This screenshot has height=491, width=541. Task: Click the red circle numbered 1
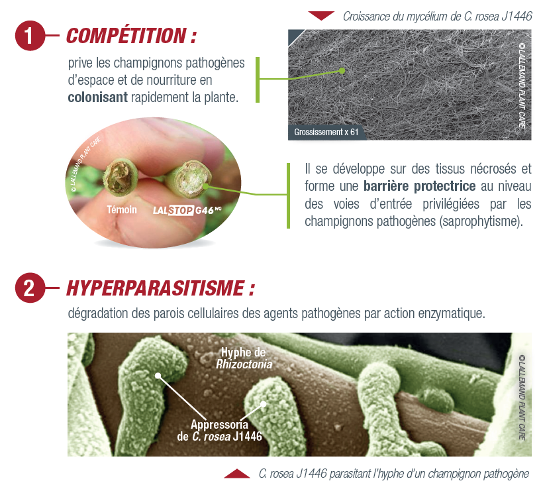pyautogui.click(x=30, y=36)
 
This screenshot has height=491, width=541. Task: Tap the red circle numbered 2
pyautogui.click(x=30, y=288)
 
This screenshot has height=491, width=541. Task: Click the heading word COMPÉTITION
pyautogui.click(x=126, y=35)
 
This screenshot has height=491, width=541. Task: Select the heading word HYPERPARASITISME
pyautogui.click(x=155, y=288)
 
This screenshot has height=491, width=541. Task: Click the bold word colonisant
pyautogui.click(x=97, y=97)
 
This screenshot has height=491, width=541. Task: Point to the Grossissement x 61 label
pyautogui.click(x=326, y=132)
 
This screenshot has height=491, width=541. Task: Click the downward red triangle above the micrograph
pyautogui.click(x=321, y=15)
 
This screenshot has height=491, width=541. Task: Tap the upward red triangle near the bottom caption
pyautogui.click(x=237, y=474)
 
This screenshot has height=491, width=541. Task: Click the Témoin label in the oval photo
pyautogui.click(x=122, y=209)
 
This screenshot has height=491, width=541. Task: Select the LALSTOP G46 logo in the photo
pyautogui.click(x=187, y=210)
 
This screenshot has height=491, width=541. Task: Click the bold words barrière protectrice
pyautogui.click(x=420, y=186)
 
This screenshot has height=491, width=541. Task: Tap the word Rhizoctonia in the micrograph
pyautogui.click(x=244, y=364)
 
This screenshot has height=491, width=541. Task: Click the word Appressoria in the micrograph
pyautogui.click(x=219, y=425)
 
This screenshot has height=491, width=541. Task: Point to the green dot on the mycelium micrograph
pyautogui.click(x=342, y=71)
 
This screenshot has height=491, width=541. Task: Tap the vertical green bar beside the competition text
pyautogui.click(x=258, y=80)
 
